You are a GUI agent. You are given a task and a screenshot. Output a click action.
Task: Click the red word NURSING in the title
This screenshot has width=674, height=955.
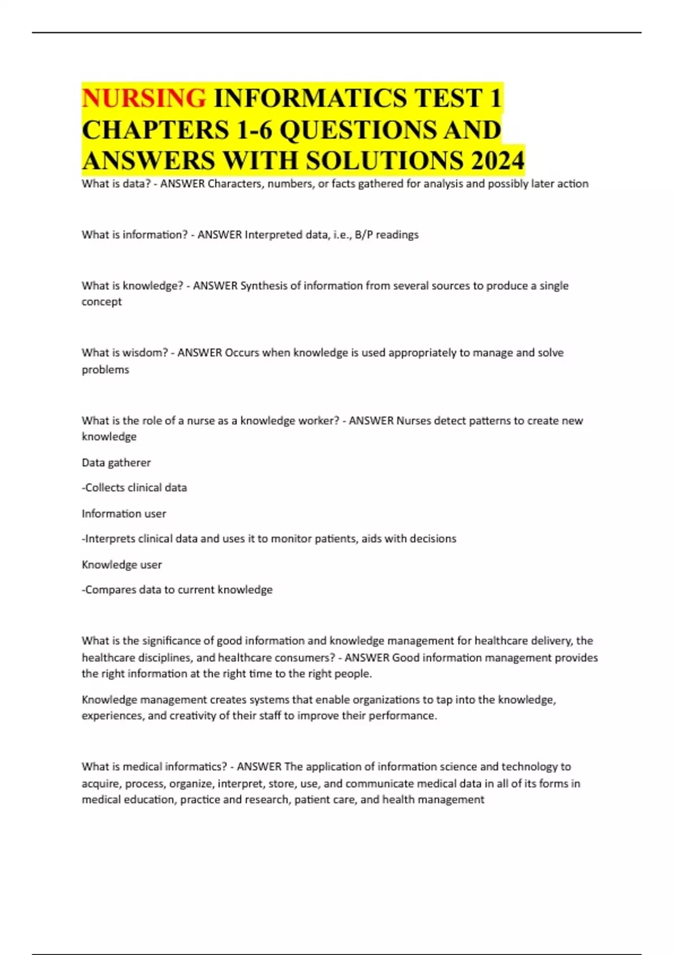point(144,98)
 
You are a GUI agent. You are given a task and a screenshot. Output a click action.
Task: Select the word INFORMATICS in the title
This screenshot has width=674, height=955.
point(310,98)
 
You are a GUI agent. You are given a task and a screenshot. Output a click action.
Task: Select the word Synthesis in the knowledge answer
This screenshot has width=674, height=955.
point(263,286)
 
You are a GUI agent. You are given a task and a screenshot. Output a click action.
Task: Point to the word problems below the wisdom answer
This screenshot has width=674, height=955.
point(106,370)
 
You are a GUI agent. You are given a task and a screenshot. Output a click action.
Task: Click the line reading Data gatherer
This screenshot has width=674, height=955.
point(116,463)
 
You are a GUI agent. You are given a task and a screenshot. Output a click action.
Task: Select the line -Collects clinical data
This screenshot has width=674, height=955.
point(134,488)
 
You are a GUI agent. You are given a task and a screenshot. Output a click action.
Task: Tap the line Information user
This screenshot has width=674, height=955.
point(124,513)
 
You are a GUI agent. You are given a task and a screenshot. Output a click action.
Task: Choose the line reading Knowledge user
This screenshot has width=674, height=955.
point(122,565)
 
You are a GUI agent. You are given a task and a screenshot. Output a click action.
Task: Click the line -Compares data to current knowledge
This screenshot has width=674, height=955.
point(177,590)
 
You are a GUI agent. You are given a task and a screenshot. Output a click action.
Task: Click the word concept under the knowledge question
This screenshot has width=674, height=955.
point(102,302)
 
